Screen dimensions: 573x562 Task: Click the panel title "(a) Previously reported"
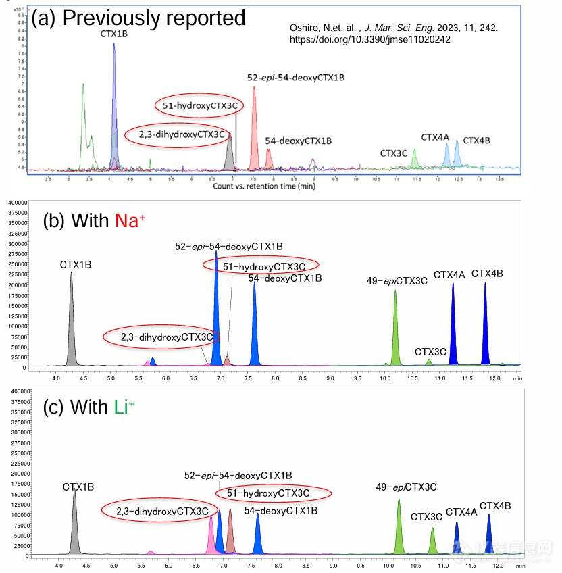(138, 18)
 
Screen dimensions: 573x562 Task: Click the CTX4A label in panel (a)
(435, 137)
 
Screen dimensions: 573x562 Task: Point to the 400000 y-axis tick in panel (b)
(16, 202)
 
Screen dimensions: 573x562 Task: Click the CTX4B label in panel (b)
(487, 274)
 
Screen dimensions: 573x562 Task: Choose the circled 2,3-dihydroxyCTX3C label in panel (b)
(161, 337)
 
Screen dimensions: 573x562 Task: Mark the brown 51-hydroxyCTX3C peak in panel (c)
(230, 534)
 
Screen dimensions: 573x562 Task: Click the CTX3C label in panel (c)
(426, 517)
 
